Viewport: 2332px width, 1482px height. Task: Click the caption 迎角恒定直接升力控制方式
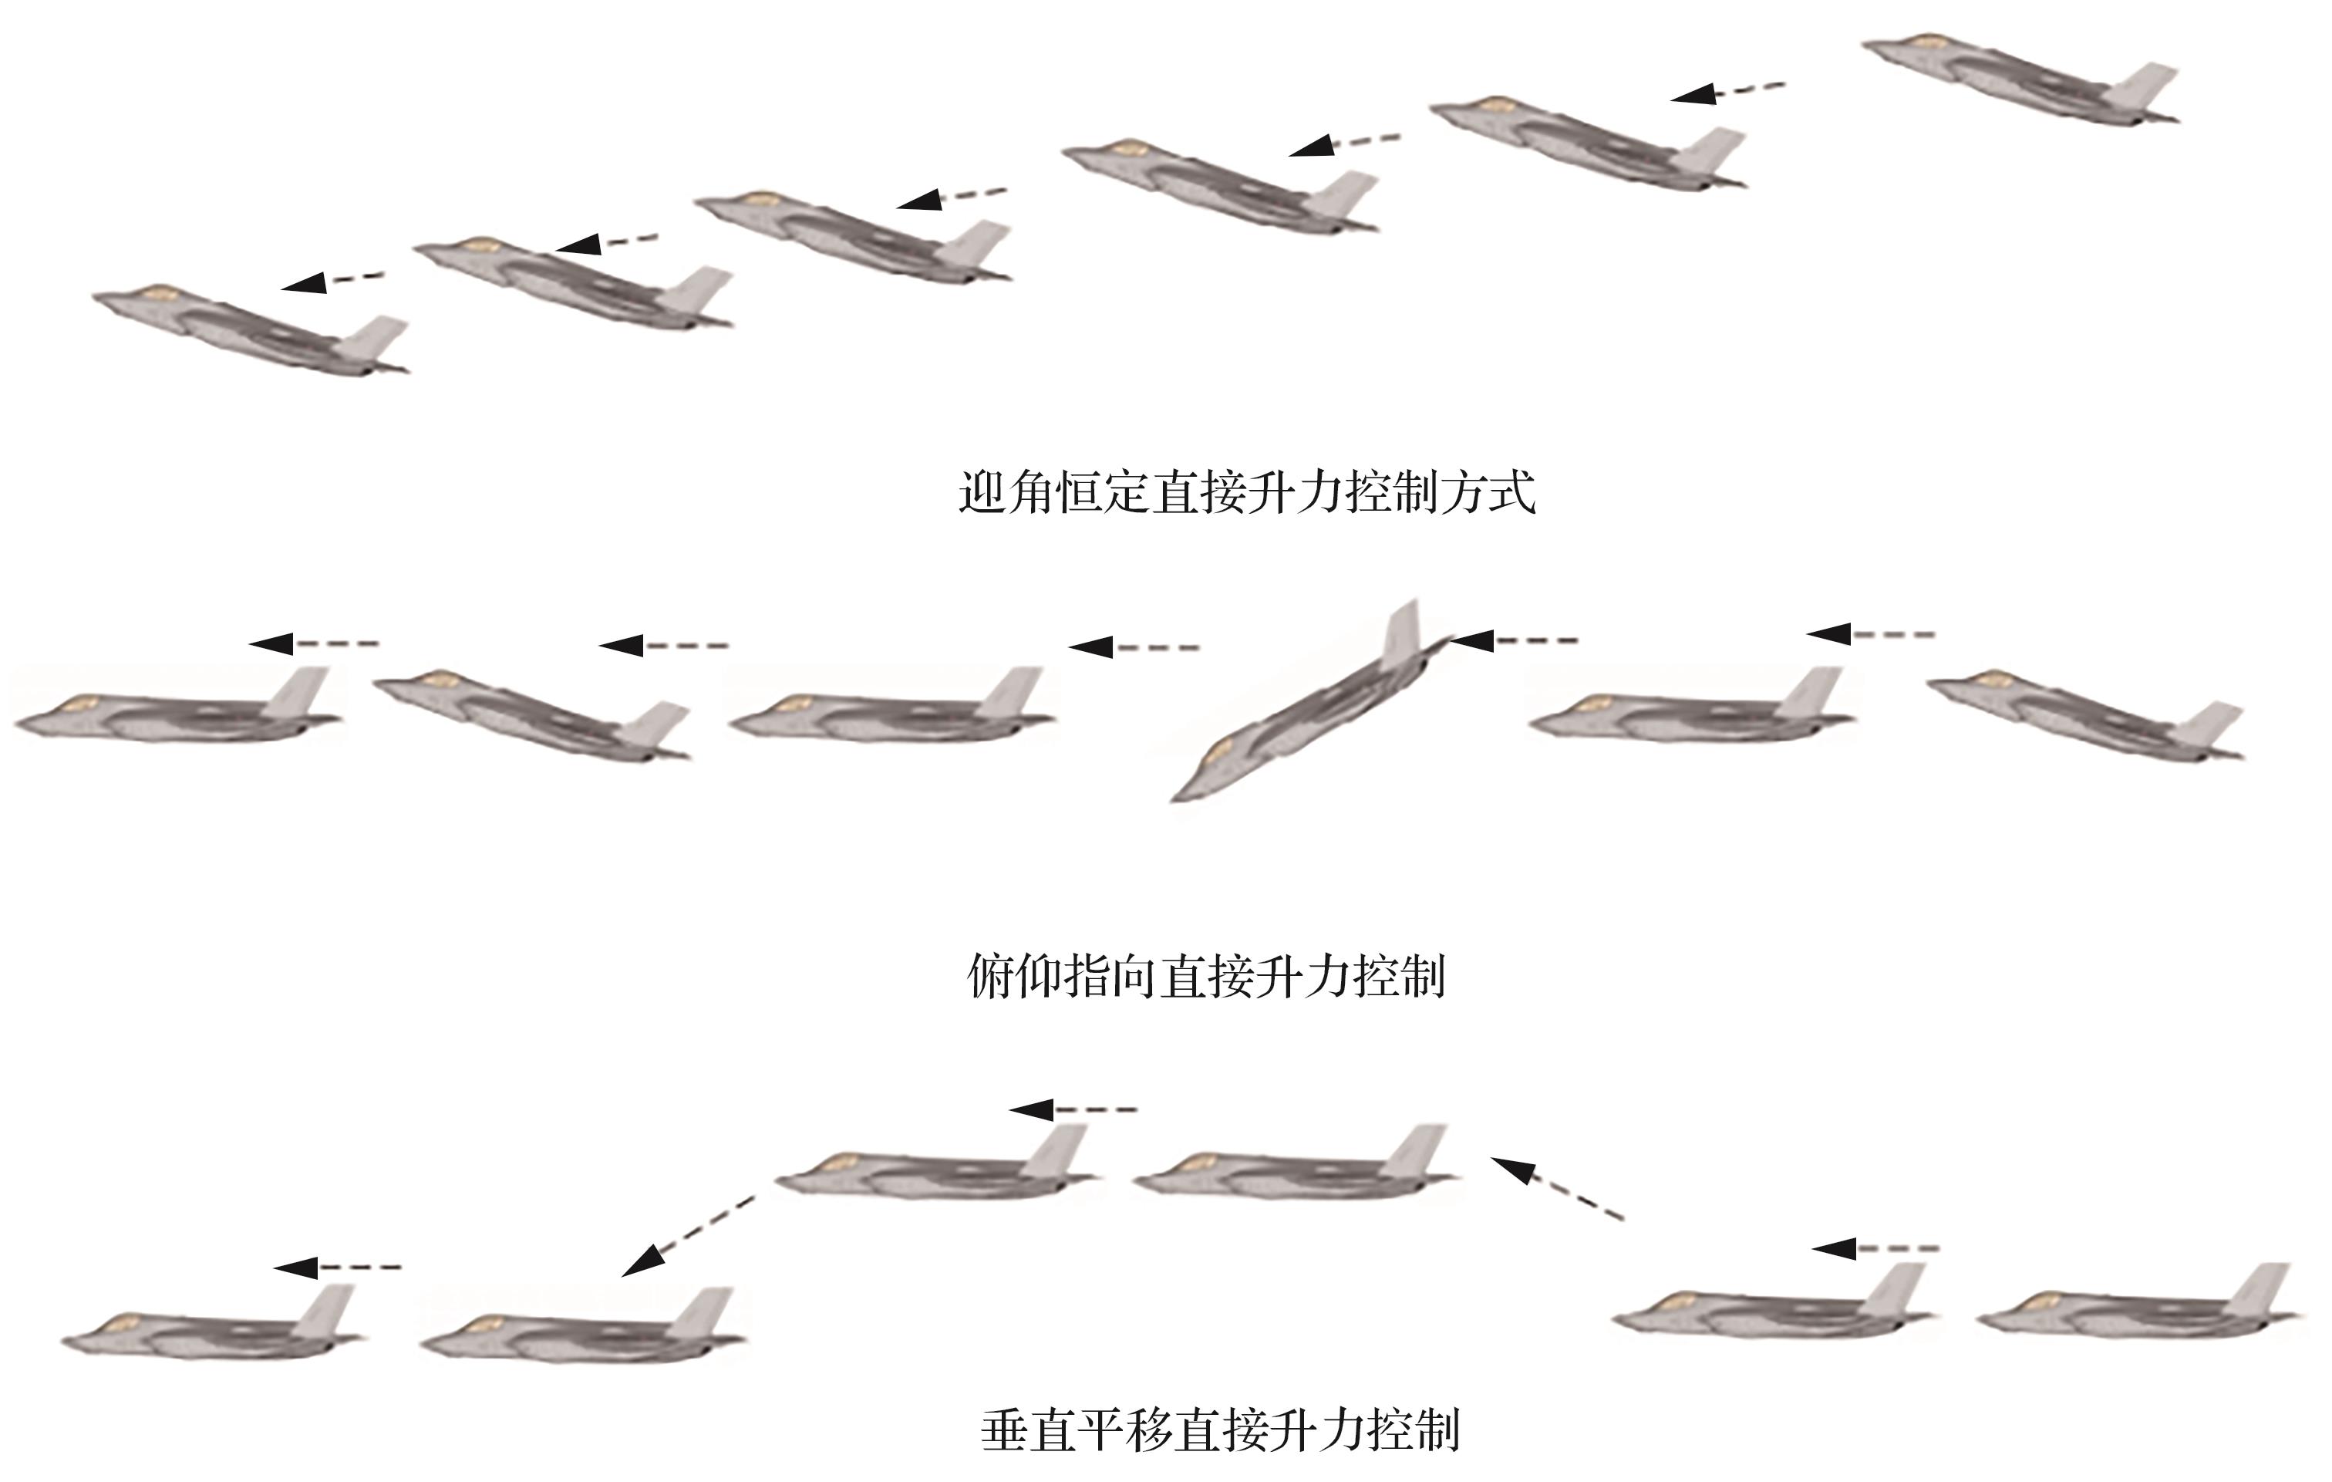coord(1246,493)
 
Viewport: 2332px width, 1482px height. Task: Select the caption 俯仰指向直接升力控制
coord(1207,977)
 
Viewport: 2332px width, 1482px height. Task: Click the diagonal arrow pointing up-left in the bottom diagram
coord(1555,1187)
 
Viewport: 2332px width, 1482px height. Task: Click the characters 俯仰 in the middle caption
coord(1015,977)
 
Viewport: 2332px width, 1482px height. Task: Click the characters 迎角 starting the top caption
coord(1006,493)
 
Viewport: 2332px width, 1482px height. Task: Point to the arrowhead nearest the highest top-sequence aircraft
coord(1695,94)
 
